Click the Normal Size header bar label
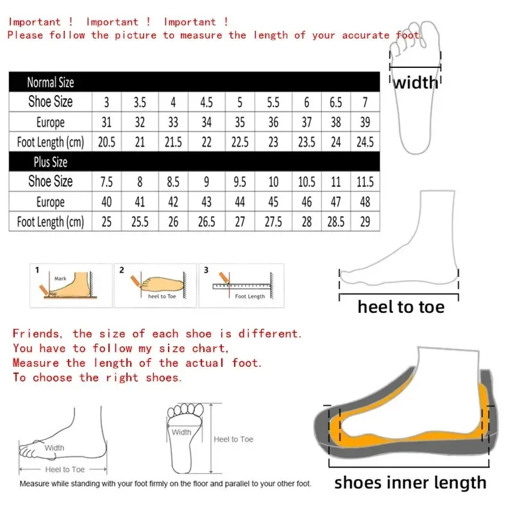(x=50, y=82)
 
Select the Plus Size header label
(x=50, y=162)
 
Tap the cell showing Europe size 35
(x=240, y=122)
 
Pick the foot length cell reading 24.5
(x=365, y=142)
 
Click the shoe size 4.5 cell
(x=206, y=102)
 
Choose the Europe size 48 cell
(x=365, y=202)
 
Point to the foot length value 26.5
(x=206, y=222)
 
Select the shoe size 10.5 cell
(x=307, y=182)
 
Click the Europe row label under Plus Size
(x=50, y=202)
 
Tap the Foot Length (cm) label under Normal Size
(x=50, y=142)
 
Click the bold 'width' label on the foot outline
(x=416, y=82)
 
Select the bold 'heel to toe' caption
(x=401, y=307)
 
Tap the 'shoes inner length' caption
(x=410, y=482)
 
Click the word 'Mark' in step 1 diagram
(x=60, y=279)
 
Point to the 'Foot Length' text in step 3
(x=249, y=296)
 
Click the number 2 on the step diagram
(x=121, y=270)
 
